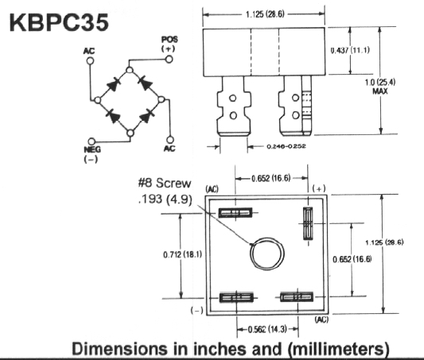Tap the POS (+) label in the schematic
(168, 44)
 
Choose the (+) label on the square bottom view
(319, 188)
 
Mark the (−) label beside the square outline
(196, 311)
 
